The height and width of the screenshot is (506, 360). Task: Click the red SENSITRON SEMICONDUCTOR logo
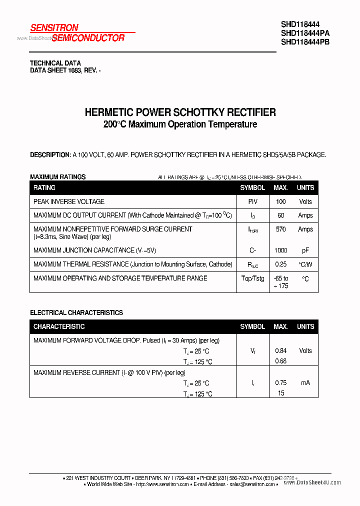click(x=77, y=32)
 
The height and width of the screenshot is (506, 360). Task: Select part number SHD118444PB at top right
click(x=305, y=42)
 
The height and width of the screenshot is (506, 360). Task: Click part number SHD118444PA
click(x=305, y=33)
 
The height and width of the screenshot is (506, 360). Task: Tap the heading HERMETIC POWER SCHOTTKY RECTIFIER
click(x=180, y=112)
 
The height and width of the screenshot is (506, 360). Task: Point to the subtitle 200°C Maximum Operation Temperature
click(x=180, y=124)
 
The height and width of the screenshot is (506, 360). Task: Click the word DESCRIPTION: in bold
click(x=50, y=155)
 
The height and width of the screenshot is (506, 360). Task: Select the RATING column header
click(x=44, y=187)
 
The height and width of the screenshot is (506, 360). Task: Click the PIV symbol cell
click(x=252, y=201)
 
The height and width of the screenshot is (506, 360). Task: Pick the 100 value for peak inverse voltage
click(x=280, y=201)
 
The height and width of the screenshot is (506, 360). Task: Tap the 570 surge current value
click(x=280, y=229)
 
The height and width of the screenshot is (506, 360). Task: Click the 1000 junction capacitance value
click(x=280, y=250)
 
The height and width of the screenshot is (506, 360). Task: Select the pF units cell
click(x=305, y=250)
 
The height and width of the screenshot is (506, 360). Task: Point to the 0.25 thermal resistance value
click(x=280, y=264)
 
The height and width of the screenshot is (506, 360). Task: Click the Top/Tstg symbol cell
click(x=252, y=278)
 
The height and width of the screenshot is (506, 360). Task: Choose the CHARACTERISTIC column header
click(x=59, y=326)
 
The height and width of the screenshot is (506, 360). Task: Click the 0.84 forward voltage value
click(x=280, y=350)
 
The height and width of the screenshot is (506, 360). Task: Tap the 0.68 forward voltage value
click(x=280, y=361)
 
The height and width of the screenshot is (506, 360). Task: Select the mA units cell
click(x=305, y=382)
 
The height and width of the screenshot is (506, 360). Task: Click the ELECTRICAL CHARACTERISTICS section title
click(x=76, y=312)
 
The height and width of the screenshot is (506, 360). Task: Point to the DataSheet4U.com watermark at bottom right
click(x=319, y=482)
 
